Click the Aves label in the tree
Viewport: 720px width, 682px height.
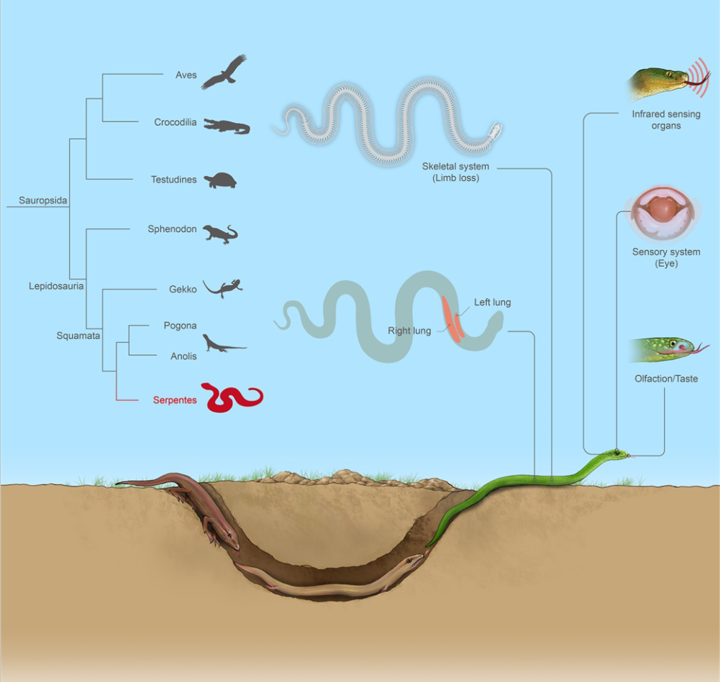click(x=186, y=75)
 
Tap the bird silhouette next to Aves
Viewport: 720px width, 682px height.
click(x=224, y=72)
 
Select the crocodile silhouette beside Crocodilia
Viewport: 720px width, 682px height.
click(x=227, y=126)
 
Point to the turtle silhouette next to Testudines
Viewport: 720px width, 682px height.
click(x=221, y=180)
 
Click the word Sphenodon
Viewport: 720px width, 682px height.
click(x=173, y=229)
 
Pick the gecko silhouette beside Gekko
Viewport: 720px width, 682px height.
click(x=223, y=288)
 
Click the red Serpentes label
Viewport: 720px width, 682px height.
click(x=175, y=400)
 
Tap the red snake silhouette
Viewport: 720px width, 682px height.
click(x=232, y=397)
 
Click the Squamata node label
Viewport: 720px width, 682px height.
click(x=78, y=335)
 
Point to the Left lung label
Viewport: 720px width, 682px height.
click(x=492, y=303)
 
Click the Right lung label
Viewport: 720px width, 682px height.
click(x=409, y=331)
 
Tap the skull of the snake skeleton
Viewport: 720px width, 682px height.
click(x=495, y=132)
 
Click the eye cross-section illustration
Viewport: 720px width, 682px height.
click(x=665, y=213)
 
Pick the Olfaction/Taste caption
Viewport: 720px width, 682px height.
click(x=665, y=379)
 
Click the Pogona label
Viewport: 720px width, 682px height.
click(x=180, y=326)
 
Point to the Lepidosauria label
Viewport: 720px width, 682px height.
click(x=56, y=286)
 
